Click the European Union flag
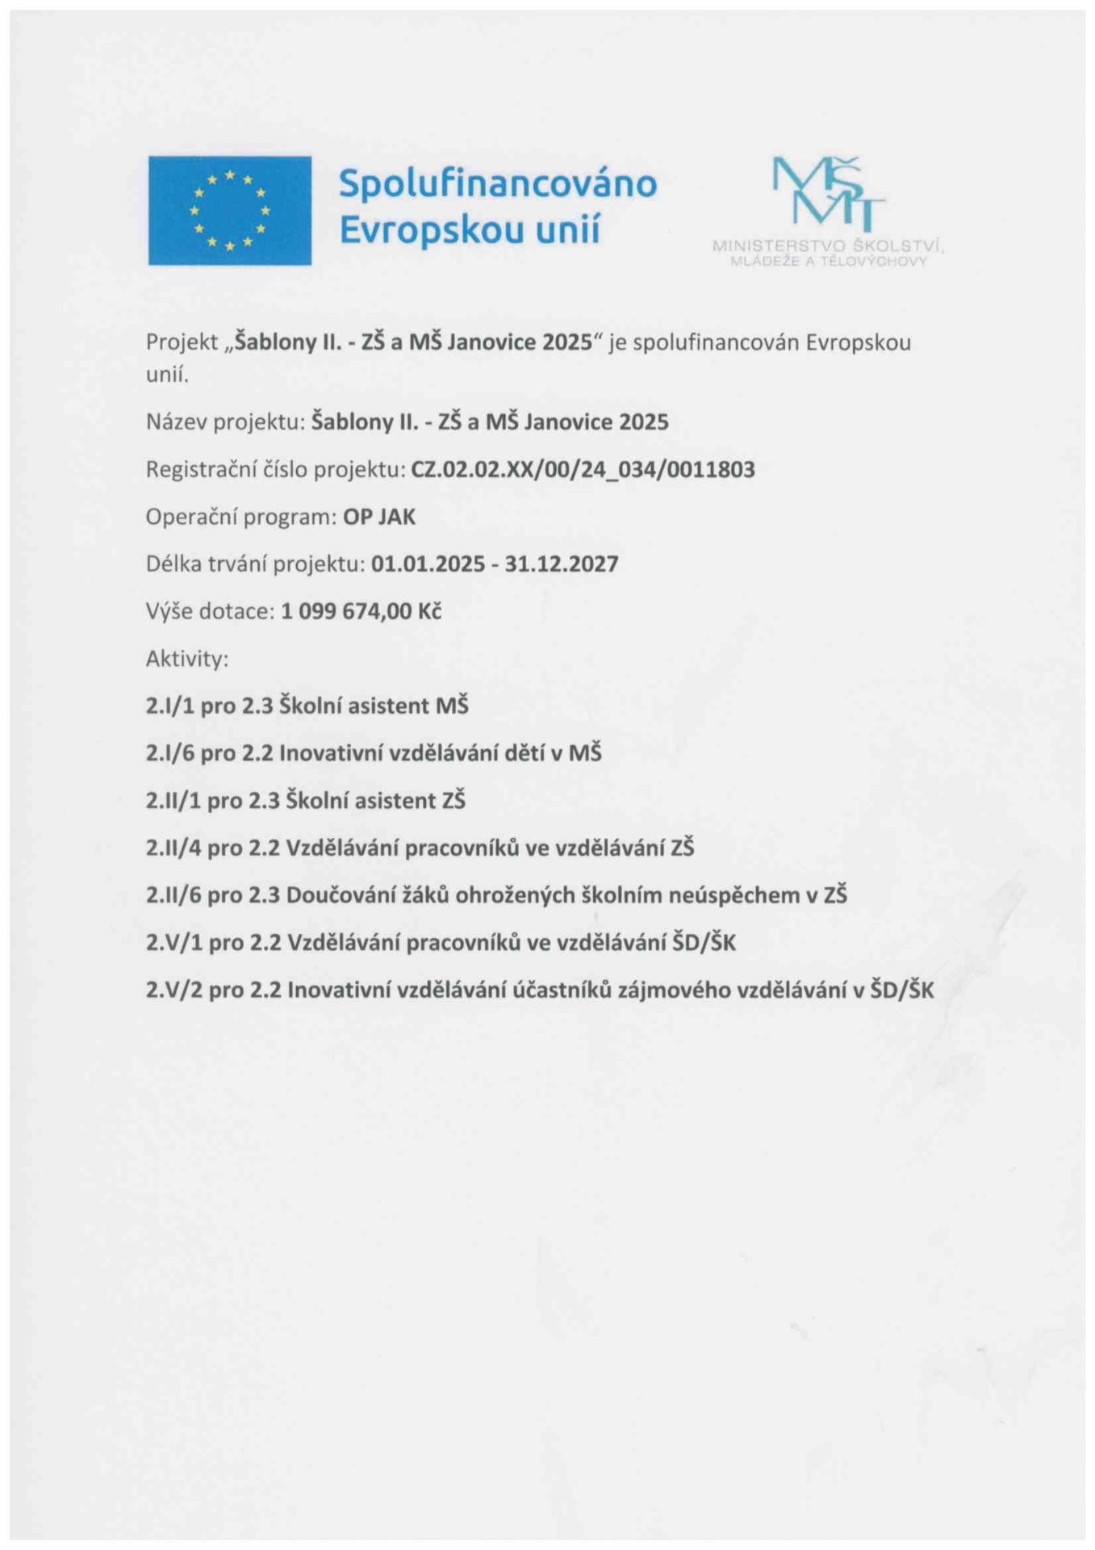pyautogui.click(x=229, y=211)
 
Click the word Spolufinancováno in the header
pyautogui.click(x=497, y=184)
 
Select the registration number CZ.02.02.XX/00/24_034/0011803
pyautogui.click(x=583, y=469)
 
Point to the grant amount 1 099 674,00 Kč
pyautogui.click(x=361, y=611)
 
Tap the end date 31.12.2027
pyautogui.click(x=562, y=563)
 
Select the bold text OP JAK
pyautogui.click(x=379, y=517)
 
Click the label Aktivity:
pyautogui.click(x=187, y=659)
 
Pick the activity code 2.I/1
pyautogui.click(x=169, y=706)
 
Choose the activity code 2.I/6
pyautogui.click(x=169, y=753)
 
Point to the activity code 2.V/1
pyautogui.click(x=173, y=943)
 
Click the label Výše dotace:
pyautogui.click(x=210, y=611)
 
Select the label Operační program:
pyautogui.click(x=240, y=517)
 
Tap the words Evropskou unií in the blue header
pyautogui.click(x=470, y=231)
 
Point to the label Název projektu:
pyautogui.click(x=225, y=421)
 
